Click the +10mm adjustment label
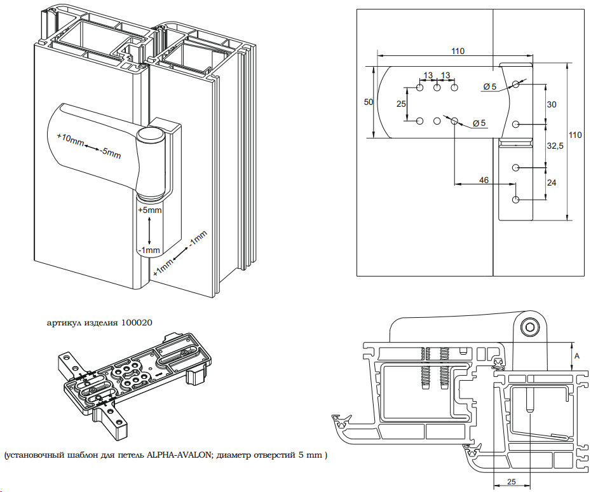[x=71, y=139]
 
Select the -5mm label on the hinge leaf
[x=111, y=153]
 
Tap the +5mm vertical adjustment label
[x=149, y=210]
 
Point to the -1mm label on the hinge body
[x=149, y=250]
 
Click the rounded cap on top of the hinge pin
[x=149, y=135]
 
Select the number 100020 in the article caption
[x=137, y=323]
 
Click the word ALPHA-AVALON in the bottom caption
[x=179, y=454]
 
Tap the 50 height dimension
[x=368, y=102]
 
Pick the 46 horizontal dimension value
[x=484, y=181]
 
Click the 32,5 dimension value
[x=555, y=146]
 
